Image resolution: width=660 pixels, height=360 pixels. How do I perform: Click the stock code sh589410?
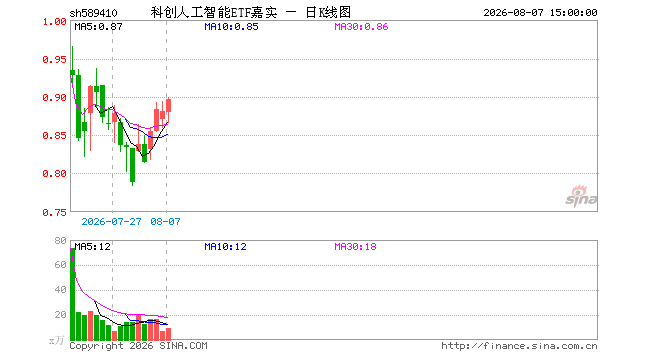point(93,13)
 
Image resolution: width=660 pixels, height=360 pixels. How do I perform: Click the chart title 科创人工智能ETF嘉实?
point(214,13)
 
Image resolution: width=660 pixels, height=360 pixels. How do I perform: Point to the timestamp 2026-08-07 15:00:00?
point(540,13)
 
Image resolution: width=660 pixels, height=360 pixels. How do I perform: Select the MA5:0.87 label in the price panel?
point(98,27)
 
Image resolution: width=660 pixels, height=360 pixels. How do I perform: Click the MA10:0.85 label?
point(231,27)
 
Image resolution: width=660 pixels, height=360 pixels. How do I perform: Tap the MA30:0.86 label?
point(361,27)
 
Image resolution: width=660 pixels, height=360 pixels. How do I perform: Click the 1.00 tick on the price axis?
point(54,21)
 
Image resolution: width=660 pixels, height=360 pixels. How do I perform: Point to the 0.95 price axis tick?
point(54,59)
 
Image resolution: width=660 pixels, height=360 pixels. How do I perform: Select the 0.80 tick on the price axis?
point(54,173)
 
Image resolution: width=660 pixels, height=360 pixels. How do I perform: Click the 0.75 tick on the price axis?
point(54,213)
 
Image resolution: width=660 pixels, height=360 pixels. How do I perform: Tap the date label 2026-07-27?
point(111,221)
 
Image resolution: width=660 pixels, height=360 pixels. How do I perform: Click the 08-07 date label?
point(165,221)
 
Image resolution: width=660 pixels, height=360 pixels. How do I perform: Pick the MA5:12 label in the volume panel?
point(93,246)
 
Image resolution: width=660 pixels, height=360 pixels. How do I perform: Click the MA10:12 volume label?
point(225,246)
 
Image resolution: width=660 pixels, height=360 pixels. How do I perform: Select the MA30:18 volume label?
point(355,246)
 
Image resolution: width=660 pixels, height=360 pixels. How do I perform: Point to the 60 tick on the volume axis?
point(61,264)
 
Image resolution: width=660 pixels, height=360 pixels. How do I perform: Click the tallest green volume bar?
point(72,294)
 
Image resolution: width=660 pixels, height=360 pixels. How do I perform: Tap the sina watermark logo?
point(581,196)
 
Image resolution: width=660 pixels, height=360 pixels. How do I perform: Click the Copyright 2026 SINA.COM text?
point(138,346)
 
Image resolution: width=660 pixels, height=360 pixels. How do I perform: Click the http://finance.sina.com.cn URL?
point(519,346)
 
